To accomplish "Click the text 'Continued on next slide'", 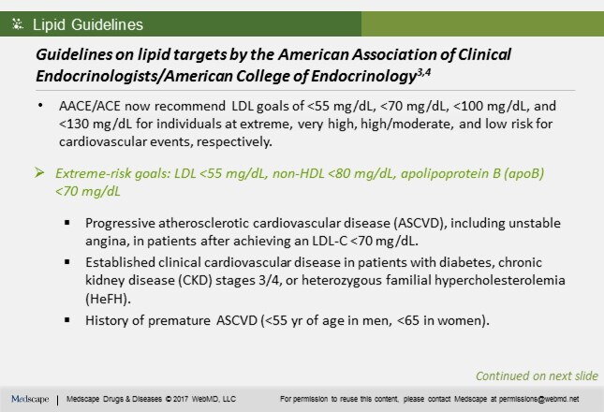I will click(x=536, y=376).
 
